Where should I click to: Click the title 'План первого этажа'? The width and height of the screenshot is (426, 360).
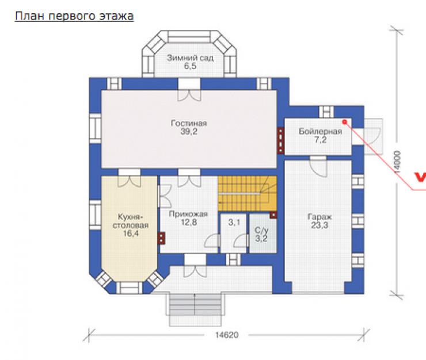(x=74, y=16)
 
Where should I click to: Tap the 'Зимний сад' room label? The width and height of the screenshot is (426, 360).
(x=190, y=58)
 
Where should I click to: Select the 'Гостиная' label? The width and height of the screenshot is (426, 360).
(x=189, y=123)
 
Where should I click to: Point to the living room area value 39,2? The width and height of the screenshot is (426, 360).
(x=189, y=132)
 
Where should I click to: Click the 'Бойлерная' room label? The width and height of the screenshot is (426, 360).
(x=320, y=131)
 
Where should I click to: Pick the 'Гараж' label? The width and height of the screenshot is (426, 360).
(x=319, y=217)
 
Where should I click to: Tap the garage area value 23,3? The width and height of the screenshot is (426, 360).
(x=319, y=225)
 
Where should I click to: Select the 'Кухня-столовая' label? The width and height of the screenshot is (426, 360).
(x=131, y=221)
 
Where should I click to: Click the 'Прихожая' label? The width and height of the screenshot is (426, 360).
(x=188, y=214)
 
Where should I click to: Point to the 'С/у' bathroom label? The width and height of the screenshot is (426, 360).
(x=261, y=231)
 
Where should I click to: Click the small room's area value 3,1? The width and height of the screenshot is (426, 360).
(x=234, y=223)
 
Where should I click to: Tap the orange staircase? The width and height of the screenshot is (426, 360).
(x=247, y=193)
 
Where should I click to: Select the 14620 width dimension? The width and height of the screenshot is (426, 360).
(x=227, y=335)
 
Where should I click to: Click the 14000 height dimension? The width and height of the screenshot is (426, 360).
(x=397, y=162)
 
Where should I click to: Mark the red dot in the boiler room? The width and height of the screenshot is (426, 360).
(x=345, y=122)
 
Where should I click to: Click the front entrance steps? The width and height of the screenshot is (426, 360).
(x=195, y=309)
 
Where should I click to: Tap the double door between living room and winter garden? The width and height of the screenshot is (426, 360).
(x=189, y=90)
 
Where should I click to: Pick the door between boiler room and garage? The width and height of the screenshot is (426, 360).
(x=318, y=166)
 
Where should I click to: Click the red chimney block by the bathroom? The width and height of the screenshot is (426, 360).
(x=273, y=215)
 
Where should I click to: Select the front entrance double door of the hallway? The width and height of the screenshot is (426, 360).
(x=195, y=266)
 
